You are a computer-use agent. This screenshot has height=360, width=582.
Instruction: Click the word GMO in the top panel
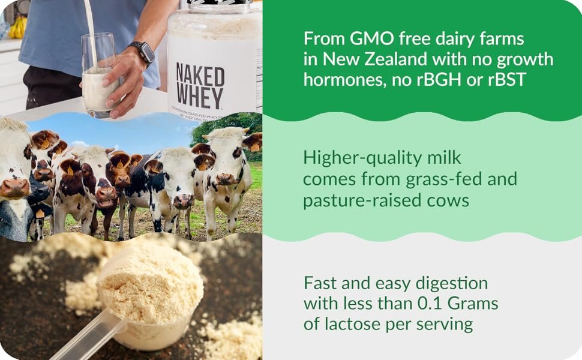pyautogui.click(x=371, y=38)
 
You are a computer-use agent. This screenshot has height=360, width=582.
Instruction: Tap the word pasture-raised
pyautogui.click(x=362, y=201)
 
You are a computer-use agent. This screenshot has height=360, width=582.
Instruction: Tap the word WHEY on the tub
pyautogui.click(x=199, y=98)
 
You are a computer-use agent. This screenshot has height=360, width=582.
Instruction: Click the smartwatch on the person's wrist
pyautogui.click(x=143, y=53)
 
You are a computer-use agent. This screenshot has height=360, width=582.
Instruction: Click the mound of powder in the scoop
pyautogui.click(x=151, y=286)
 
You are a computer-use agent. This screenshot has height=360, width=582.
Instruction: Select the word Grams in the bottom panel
pyautogui.click(x=473, y=304)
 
